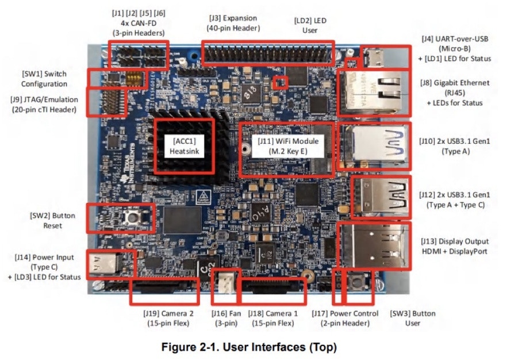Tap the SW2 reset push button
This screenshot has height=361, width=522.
pyautogui.click(x=133, y=217)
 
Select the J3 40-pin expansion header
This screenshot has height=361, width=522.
pyautogui.click(x=267, y=53)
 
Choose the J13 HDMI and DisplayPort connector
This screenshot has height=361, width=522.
pyautogui.click(x=374, y=245)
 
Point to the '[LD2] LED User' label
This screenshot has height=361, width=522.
pyautogui.click(x=310, y=25)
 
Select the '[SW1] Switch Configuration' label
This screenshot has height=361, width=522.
pyautogui.click(x=44, y=79)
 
